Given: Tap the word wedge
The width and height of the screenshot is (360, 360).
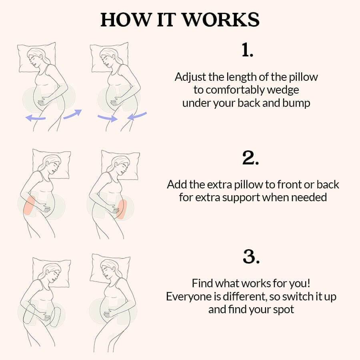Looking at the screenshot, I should [284, 90].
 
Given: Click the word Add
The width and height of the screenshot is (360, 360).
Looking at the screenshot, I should [176, 184].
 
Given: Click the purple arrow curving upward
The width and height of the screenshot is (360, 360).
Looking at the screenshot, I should [72, 114].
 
